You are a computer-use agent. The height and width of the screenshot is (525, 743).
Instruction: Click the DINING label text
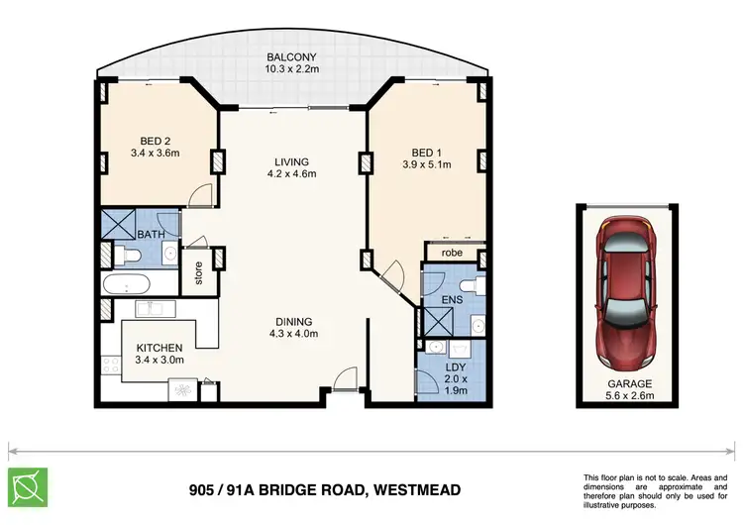(x=294, y=322)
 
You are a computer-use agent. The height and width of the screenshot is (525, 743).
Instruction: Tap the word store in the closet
(x=199, y=273)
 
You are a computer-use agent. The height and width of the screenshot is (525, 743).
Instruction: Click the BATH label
(x=151, y=234)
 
